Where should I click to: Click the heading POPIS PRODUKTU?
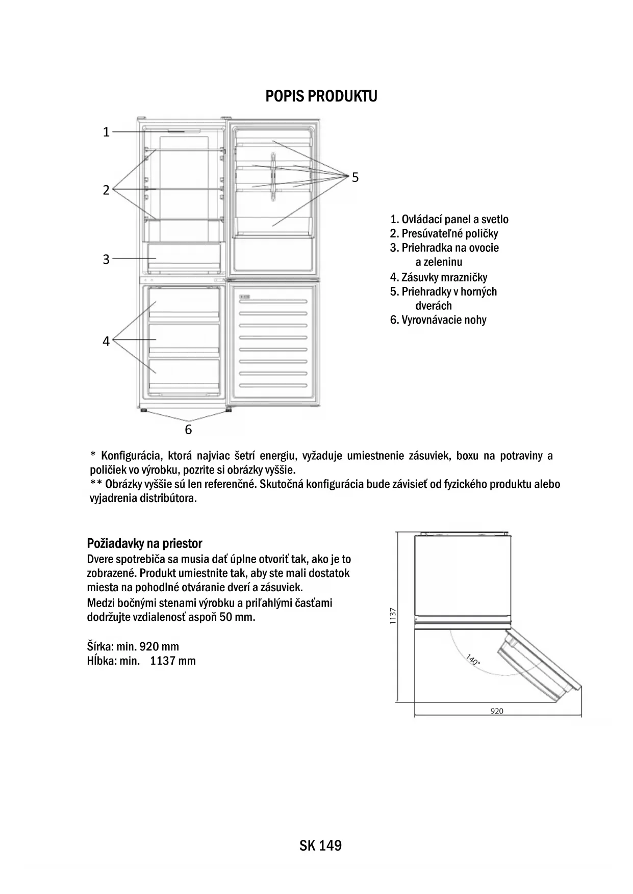321,96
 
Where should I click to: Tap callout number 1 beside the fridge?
106,132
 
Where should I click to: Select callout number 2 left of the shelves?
106,190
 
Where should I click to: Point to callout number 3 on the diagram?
106,259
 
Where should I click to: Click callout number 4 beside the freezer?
106,341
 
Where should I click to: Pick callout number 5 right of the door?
355,177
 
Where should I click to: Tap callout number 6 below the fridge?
188,430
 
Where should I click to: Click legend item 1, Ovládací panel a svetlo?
449,220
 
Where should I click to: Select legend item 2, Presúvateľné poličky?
444,234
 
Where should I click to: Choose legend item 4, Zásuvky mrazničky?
439,277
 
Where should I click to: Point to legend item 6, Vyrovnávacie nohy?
438,320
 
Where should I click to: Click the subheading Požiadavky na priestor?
145,543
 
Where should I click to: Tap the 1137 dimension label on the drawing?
392,616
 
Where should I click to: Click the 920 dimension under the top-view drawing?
497,711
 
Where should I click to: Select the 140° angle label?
473,660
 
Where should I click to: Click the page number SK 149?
321,846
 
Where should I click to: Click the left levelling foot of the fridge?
143,410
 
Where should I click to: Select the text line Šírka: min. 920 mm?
133,647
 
